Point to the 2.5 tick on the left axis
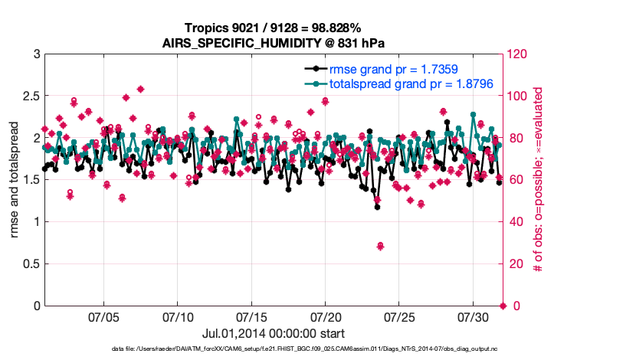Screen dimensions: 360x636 [x=31, y=97]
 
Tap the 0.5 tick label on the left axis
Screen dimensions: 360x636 [x=31, y=264]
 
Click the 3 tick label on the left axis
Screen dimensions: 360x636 [x=36, y=54]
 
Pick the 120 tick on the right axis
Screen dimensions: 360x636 [x=519, y=54]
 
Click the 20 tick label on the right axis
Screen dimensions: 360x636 [x=516, y=264]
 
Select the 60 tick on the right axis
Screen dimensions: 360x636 [x=516, y=180]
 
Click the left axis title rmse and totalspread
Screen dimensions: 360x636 [x=15, y=180]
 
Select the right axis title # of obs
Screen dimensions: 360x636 [x=539, y=180]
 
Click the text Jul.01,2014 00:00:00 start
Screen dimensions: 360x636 [x=273, y=333]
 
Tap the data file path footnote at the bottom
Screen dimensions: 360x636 [x=316, y=349]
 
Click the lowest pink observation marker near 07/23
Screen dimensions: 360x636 [x=380, y=246]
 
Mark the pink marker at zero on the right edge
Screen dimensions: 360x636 [x=503, y=306]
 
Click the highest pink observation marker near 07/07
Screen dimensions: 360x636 [x=140, y=90]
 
